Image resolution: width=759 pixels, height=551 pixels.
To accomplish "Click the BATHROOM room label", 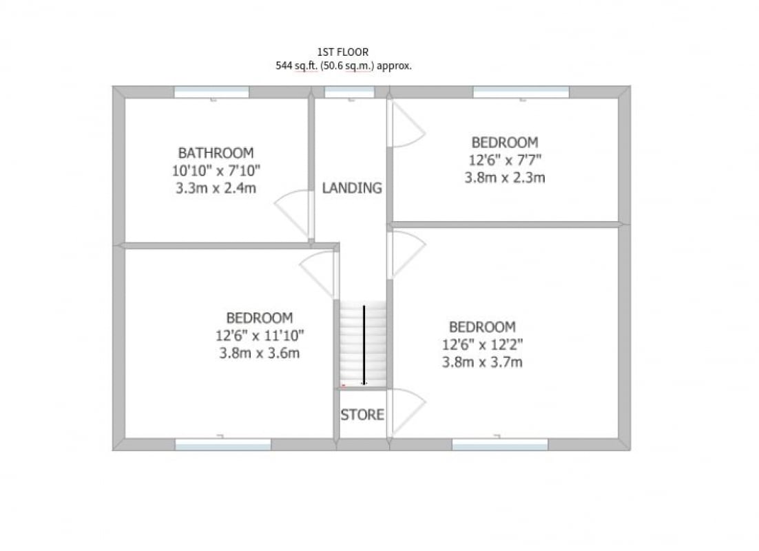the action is tap(216, 153).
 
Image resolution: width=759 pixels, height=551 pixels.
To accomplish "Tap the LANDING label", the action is tap(352, 188).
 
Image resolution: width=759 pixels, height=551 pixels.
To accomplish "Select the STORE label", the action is tap(362, 415).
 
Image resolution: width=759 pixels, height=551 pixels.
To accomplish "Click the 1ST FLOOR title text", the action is tap(343, 52).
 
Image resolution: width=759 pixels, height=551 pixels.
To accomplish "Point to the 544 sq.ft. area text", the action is tap(297, 66).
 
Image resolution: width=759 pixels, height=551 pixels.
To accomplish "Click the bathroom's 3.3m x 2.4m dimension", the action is tap(216, 188).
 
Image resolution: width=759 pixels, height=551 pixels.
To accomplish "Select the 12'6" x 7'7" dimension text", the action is tap(505, 160).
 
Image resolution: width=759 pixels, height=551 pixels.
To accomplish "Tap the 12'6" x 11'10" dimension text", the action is tap(260, 335).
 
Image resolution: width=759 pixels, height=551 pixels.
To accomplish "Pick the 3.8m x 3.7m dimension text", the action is tap(482, 362).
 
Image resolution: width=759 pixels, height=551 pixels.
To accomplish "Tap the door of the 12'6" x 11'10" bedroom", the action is tap(315, 276).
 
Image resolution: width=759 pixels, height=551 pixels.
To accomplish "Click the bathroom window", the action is tap(211, 92).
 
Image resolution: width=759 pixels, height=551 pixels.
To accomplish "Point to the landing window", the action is tap(349, 92).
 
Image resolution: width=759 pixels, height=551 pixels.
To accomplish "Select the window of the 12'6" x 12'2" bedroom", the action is tap(500, 444).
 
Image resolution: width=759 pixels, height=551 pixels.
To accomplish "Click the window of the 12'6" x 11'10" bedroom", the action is tap(223, 444).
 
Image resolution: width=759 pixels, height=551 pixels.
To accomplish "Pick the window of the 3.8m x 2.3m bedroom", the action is tap(521, 92).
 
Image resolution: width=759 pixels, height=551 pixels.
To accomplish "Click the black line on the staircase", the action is tap(364, 344).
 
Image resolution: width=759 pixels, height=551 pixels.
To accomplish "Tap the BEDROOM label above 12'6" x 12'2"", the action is tap(482, 327).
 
